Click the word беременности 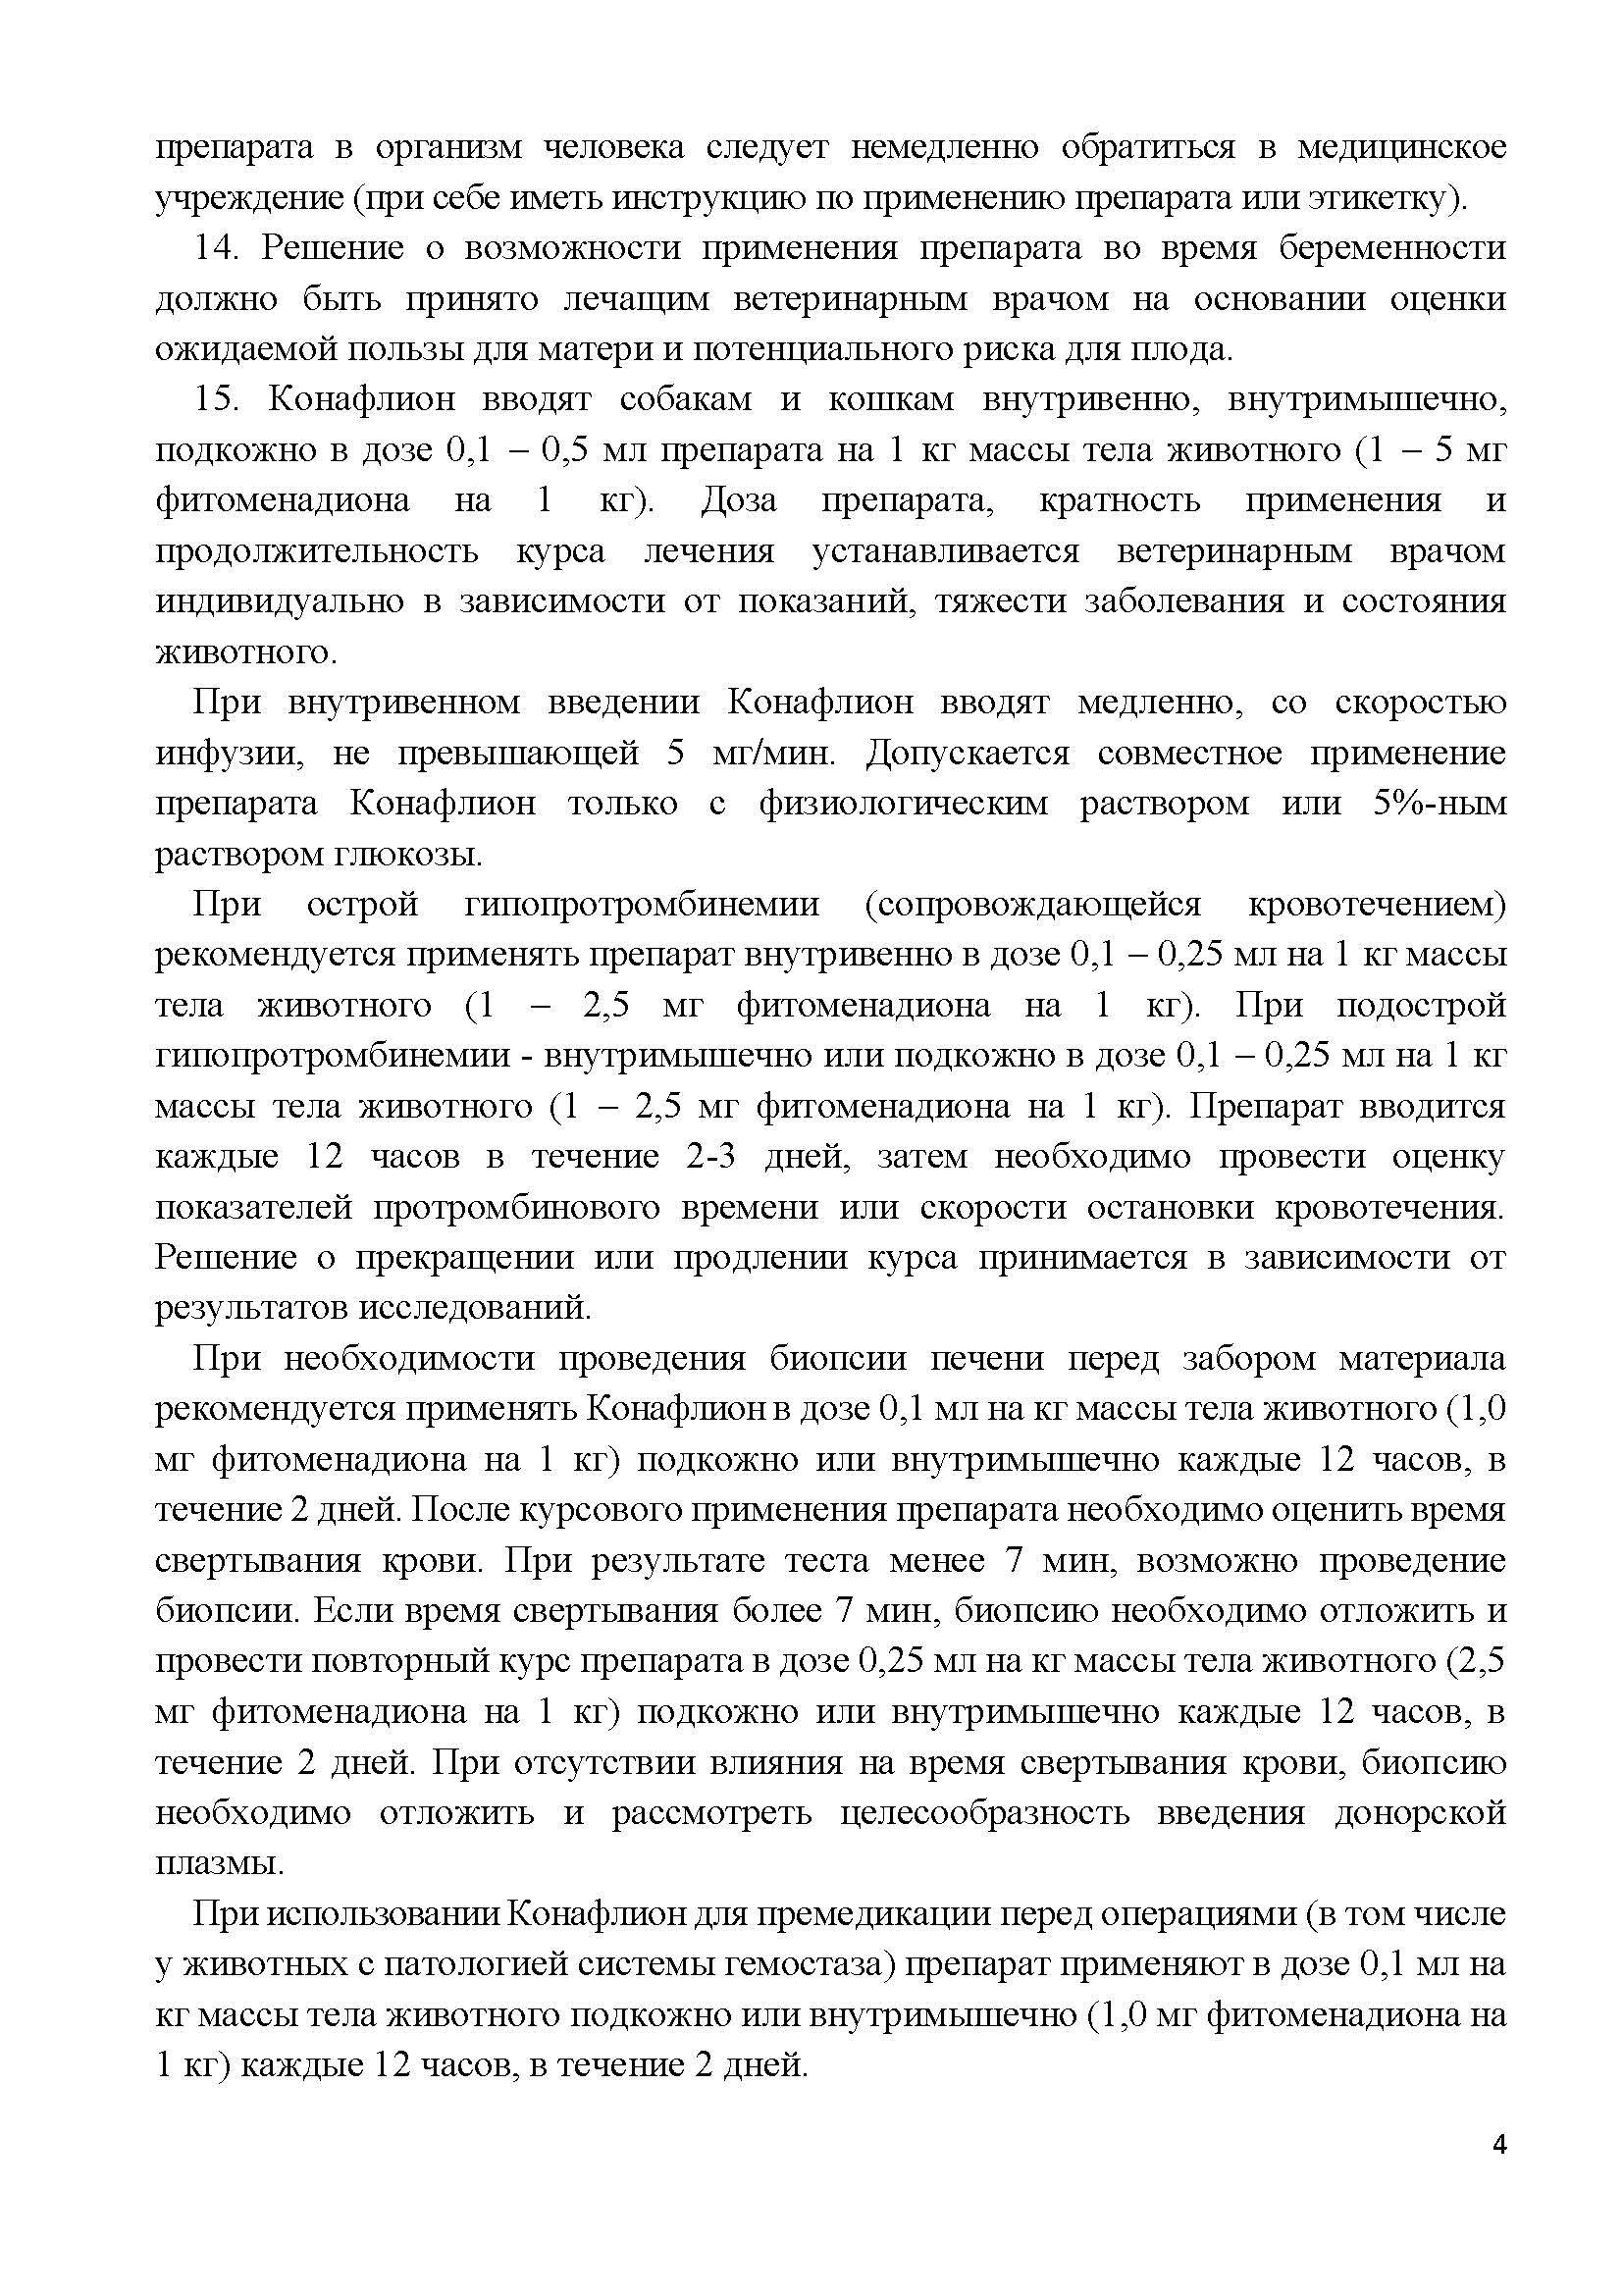1392,248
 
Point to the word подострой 1420,1005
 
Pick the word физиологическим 903,803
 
